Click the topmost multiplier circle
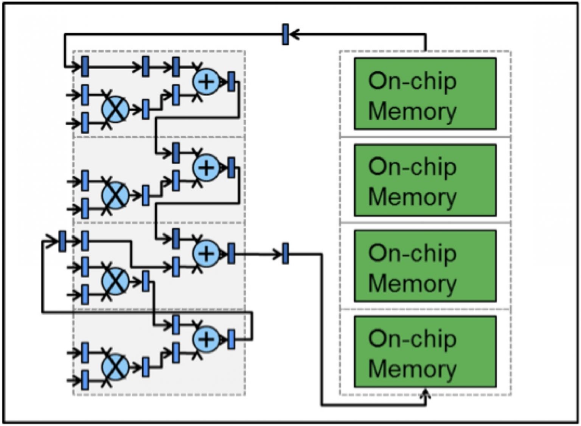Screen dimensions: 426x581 point(115,109)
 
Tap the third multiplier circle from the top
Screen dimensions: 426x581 point(115,281)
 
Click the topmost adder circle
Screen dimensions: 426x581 point(206,81)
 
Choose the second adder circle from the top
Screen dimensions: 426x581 point(206,167)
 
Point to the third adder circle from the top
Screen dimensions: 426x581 point(206,253)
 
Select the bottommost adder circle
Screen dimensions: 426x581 point(206,339)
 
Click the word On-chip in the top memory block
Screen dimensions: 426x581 point(412,81)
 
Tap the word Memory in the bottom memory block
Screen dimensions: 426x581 point(412,369)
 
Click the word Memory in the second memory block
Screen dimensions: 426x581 point(412,197)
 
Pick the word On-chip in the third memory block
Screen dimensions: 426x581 point(412,253)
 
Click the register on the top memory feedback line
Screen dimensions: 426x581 point(286,34)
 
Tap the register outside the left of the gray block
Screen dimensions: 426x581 point(62,241)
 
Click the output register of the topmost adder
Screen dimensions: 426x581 point(231,81)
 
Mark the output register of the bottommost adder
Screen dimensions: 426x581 point(231,339)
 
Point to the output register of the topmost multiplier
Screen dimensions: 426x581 point(146,110)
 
